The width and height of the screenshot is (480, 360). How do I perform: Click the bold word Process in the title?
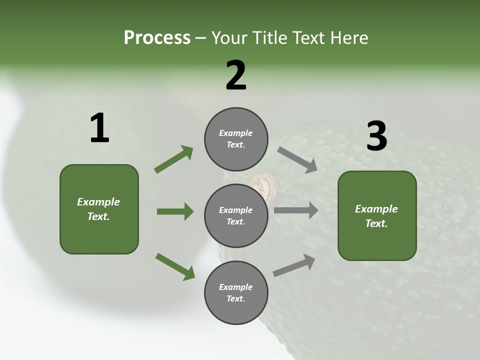click(x=157, y=38)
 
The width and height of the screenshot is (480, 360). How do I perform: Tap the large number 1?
click(x=99, y=128)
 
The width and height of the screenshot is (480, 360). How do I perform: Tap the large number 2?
click(x=236, y=76)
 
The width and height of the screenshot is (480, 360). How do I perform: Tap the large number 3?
click(x=376, y=136)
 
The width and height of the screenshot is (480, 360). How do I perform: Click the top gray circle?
click(x=236, y=139)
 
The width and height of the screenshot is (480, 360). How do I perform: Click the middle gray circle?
click(x=236, y=216)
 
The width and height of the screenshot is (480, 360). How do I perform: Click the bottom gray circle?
click(x=236, y=293)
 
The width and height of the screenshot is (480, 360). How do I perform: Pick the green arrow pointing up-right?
click(x=174, y=159)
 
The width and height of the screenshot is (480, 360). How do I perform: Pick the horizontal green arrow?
click(x=175, y=211)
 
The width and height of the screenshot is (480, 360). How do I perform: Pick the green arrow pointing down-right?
click(x=175, y=266)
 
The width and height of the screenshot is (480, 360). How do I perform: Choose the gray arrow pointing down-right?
click(x=297, y=159)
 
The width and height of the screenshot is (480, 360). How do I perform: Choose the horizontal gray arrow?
click(x=296, y=210)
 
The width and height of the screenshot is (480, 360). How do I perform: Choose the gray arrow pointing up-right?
click(x=294, y=265)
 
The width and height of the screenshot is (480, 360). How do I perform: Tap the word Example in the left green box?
click(x=98, y=202)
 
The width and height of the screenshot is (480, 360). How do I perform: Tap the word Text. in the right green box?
click(x=376, y=223)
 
